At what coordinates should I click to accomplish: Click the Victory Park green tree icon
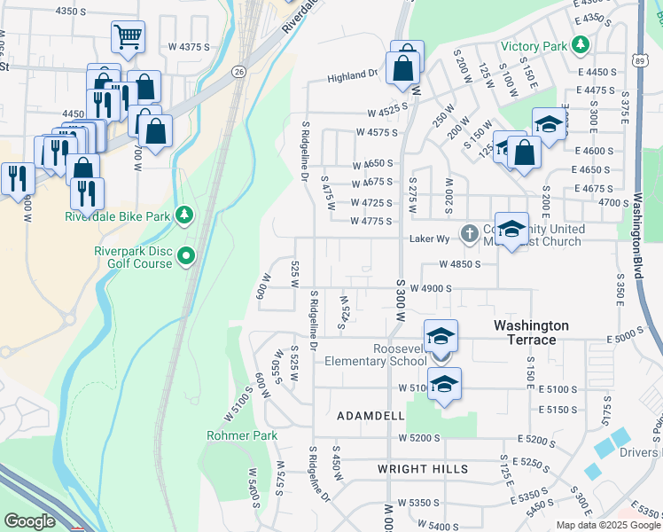(581, 43)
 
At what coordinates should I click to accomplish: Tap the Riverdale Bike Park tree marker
(184, 215)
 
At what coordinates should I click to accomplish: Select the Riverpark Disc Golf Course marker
(186, 257)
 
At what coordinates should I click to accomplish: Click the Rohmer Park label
(242, 435)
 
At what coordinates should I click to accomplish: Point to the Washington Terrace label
(537, 332)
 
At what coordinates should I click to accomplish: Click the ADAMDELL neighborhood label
(370, 415)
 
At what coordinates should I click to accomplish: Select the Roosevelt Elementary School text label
(375, 355)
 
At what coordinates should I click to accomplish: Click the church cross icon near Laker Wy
(469, 234)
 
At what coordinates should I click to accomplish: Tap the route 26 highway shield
(239, 70)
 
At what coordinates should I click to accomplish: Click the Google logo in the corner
(29, 520)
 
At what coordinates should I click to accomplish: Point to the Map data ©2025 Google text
(608, 525)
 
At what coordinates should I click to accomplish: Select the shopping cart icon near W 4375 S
(128, 36)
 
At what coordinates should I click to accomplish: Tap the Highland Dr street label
(352, 77)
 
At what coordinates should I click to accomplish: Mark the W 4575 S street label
(375, 132)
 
